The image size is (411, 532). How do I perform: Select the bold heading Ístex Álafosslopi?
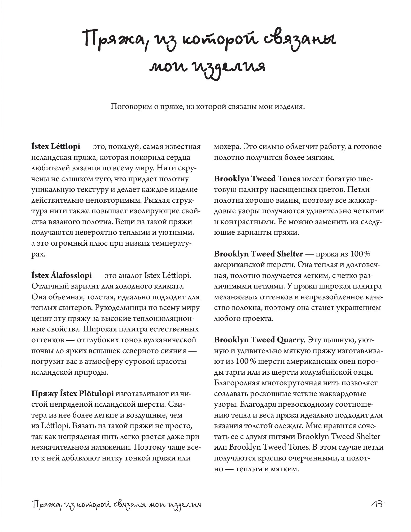tap(62, 276)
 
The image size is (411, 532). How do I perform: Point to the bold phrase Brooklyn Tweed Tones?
tap(257, 179)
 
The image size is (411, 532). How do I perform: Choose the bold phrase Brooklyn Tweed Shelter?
tap(258, 254)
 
